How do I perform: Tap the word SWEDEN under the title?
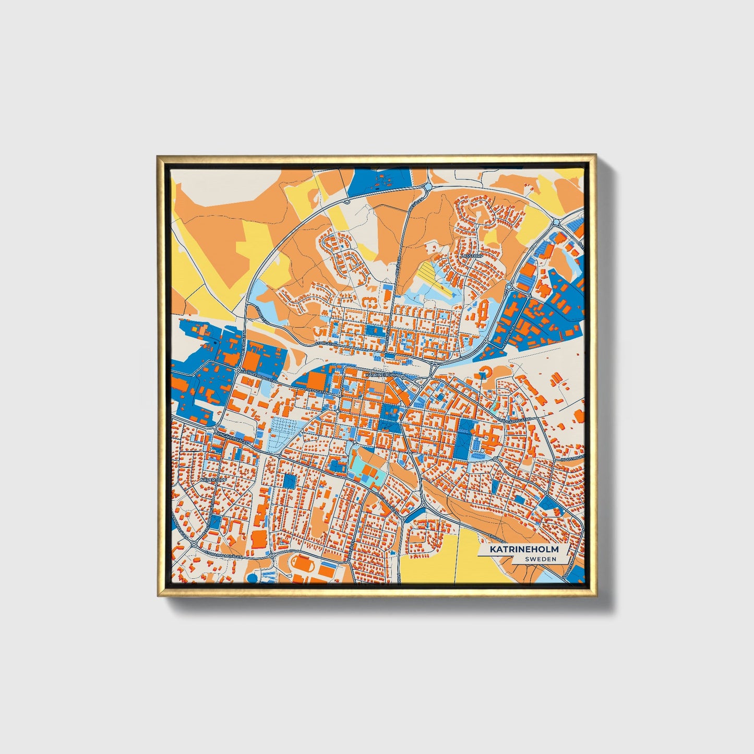coord(541,559)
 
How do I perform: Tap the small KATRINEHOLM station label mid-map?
coord(382,375)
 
